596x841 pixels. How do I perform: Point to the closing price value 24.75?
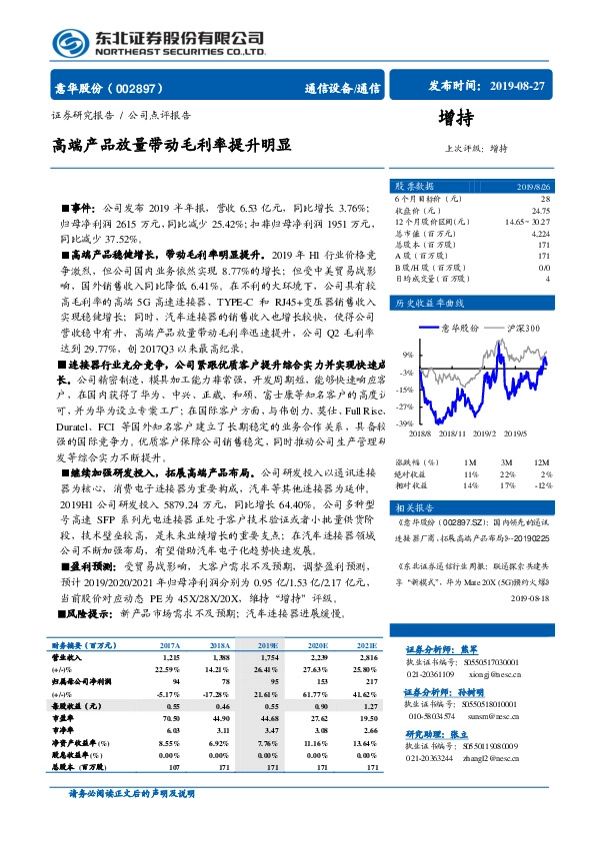541,210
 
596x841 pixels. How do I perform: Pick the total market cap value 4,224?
539,232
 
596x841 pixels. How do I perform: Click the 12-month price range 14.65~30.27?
528,221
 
